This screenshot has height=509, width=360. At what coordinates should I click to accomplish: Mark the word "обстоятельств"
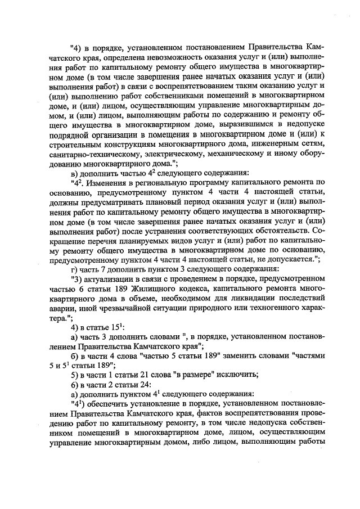click(x=279, y=230)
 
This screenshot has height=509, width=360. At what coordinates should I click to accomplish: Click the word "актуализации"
click(x=109, y=278)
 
